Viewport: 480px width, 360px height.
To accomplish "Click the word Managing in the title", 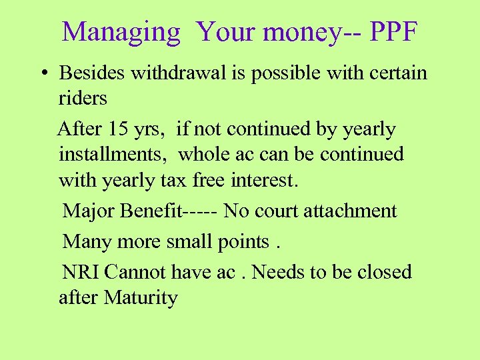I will (121, 33).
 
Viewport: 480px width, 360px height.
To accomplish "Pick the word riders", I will (83, 98).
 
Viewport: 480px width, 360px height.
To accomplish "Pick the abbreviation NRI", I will (81, 272).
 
